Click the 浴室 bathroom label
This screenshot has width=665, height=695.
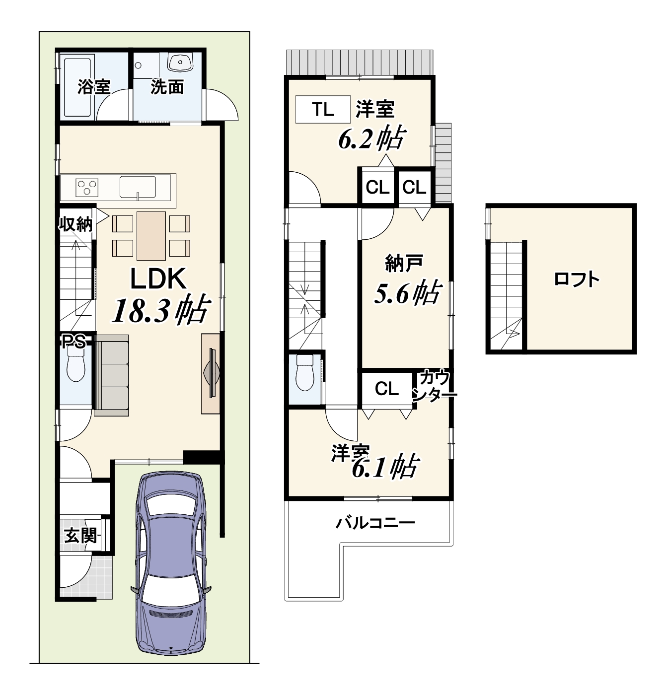coord(94,87)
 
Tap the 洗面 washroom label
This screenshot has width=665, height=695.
coord(167,87)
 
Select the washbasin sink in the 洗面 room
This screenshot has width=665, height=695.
coord(180,63)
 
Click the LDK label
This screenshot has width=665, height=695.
coord(158,279)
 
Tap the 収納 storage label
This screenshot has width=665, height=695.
coord(76,224)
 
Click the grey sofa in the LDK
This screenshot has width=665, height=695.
coord(111,375)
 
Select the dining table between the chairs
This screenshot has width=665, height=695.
coord(151,236)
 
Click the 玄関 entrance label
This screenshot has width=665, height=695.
coord(81,536)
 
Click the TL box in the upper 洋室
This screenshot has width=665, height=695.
coord(323,110)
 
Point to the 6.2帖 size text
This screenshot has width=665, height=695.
coord(372,138)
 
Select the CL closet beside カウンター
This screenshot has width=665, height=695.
coord(387,389)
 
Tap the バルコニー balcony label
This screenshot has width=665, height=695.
coord(375,523)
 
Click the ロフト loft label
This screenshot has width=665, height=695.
coord(577,279)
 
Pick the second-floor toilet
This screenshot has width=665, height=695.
coord(305,372)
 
